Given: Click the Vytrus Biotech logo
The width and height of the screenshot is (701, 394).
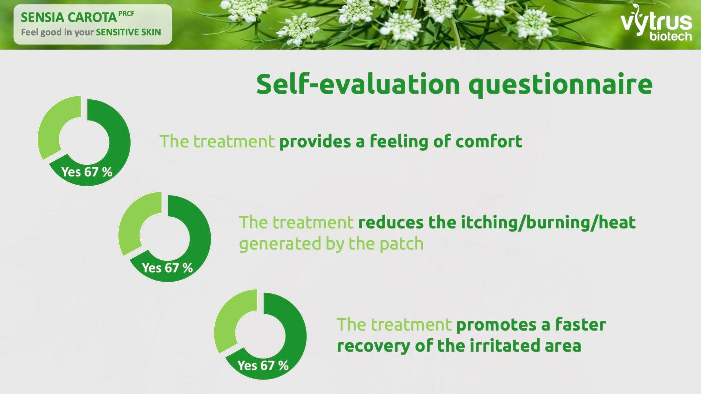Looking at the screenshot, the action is point(656,23).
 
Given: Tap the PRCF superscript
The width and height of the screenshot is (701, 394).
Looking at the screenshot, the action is point(126,14).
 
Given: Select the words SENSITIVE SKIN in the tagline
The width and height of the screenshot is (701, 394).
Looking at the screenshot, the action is point(128,32).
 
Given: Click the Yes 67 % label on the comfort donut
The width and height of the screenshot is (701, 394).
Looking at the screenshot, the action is point(87,171).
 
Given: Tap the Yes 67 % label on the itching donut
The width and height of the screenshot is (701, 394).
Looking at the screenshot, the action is point(167,267).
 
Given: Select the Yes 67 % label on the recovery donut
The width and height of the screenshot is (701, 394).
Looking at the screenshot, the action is point(263,365).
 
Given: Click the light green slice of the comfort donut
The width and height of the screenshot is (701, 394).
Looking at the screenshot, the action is point(51,128).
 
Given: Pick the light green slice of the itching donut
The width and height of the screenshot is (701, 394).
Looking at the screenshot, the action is point(131,223).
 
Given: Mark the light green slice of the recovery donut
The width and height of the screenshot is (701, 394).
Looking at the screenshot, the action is point(227,321).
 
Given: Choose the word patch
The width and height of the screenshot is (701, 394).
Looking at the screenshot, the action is point(402,244).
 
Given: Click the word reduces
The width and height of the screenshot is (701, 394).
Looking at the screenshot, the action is point(391,223).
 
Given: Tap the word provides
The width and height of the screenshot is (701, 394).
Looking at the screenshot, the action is point(315,142).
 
